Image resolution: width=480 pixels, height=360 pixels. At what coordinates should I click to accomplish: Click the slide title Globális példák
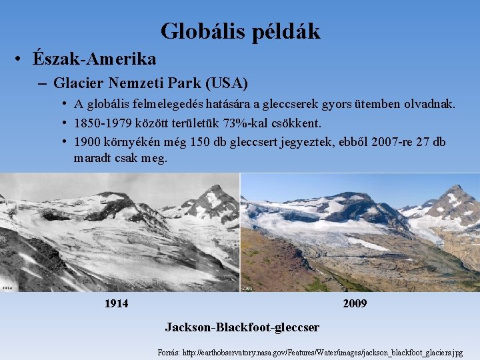[x=240, y=31]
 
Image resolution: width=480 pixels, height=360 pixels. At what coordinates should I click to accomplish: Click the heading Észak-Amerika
[x=94, y=59]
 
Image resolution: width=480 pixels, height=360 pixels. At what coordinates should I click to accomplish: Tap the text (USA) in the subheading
[x=227, y=84]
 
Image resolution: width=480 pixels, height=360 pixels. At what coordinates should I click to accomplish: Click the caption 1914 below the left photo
[x=117, y=304]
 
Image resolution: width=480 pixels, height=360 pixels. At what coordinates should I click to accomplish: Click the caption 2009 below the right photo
[x=355, y=304]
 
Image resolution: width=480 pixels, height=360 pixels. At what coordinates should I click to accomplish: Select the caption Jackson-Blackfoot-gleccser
[x=242, y=327]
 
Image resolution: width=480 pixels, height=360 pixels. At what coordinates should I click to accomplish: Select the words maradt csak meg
[x=121, y=159]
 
